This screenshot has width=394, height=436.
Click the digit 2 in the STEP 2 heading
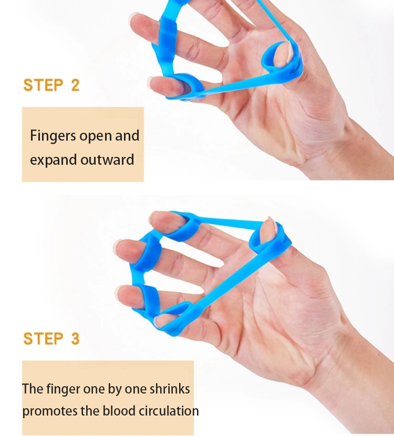click(x=75, y=85)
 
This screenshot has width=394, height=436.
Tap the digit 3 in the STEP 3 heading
click(x=75, y=338)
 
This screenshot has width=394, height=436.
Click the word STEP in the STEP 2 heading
click(x=43, y=85)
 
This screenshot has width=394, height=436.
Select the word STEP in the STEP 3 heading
click(x=43, y=338)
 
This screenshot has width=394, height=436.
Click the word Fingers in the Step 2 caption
click(x=53, y=136)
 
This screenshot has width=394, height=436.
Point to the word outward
click(x=107, y=160)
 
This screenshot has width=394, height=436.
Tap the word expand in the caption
click(x=53, y=161)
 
